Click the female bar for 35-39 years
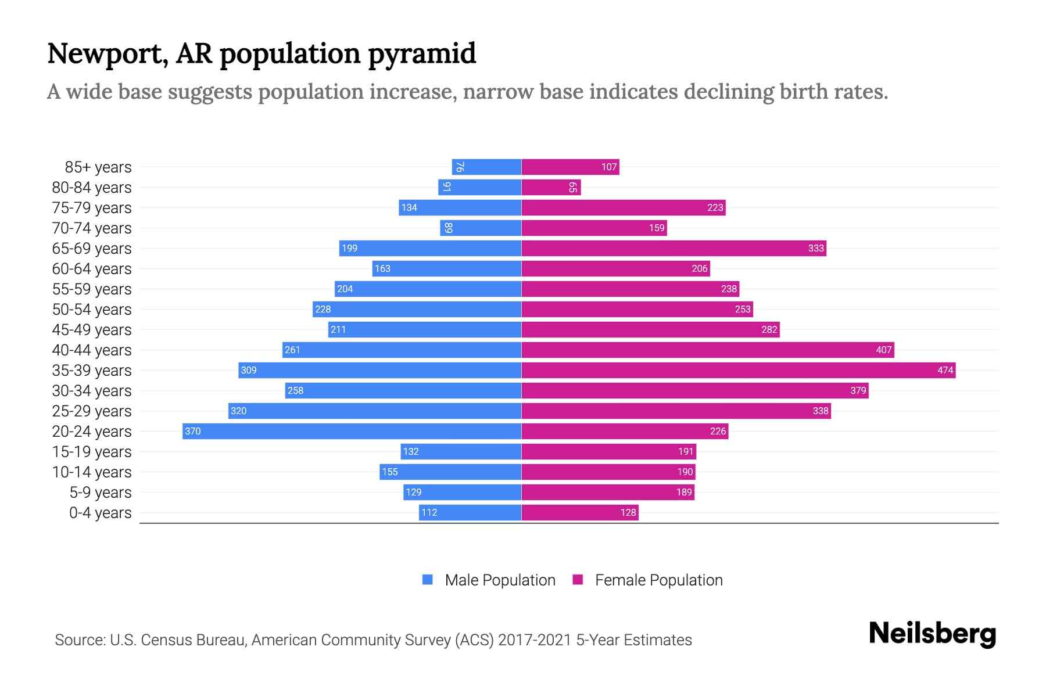pyautogui.click(x=738, y=370)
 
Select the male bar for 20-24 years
pyautogui.click(x=352, y=431)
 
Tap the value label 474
pyautogui.click(x=945, y=370)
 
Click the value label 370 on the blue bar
pyautogui.click(x=192, y=431)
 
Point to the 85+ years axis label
pyautogui.click(x=98, y=167)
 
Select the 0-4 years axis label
pyautogui.click(x=100, y=513)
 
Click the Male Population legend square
pyautogui.click(x=428, y=580)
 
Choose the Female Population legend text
pyautogui.click(x=658, y=580)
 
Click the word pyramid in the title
pyautogui.click(x=422, y=54)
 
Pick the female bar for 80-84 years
pyautogui.click(x=551, y=187)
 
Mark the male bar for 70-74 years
pyautogui.click(x=481, y=228)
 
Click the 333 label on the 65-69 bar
pyautogui.click(x=815, y=248)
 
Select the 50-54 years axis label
pyautogui.click(x=92, y=310)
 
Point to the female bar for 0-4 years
pyautogui.click(x=579, y=512)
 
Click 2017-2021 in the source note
pyautogui.click(x=535, y=640)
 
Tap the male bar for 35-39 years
pyautogui.click(x=379, y=370)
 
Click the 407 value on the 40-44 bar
pyautogui.click(x=883, y=350)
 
